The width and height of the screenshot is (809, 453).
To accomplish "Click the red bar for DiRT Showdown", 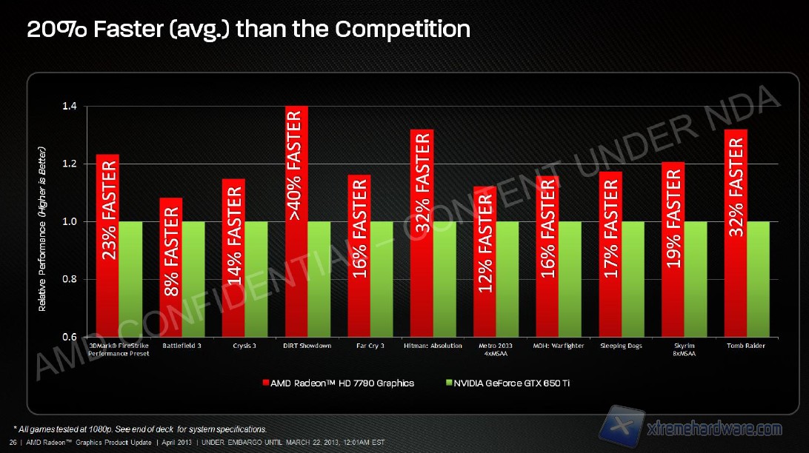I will point(296,222).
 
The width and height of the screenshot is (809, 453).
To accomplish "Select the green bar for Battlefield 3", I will point(193,279).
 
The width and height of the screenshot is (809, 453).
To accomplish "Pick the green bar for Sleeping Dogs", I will point(633,279).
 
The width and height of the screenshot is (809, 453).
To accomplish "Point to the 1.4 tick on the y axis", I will point(70,107).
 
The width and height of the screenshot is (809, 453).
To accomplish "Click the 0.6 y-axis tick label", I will point(70,337).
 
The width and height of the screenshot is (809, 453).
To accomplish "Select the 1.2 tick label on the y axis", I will point(70,164).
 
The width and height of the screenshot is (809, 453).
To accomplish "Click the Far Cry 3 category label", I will point(370,346).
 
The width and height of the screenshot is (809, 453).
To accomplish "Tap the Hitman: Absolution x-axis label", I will point(433,346).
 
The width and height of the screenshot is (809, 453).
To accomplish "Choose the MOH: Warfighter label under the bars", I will point(559,346).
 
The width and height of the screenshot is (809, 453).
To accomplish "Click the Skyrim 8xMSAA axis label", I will point(684,349).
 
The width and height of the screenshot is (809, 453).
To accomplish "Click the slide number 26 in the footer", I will point(13,443).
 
